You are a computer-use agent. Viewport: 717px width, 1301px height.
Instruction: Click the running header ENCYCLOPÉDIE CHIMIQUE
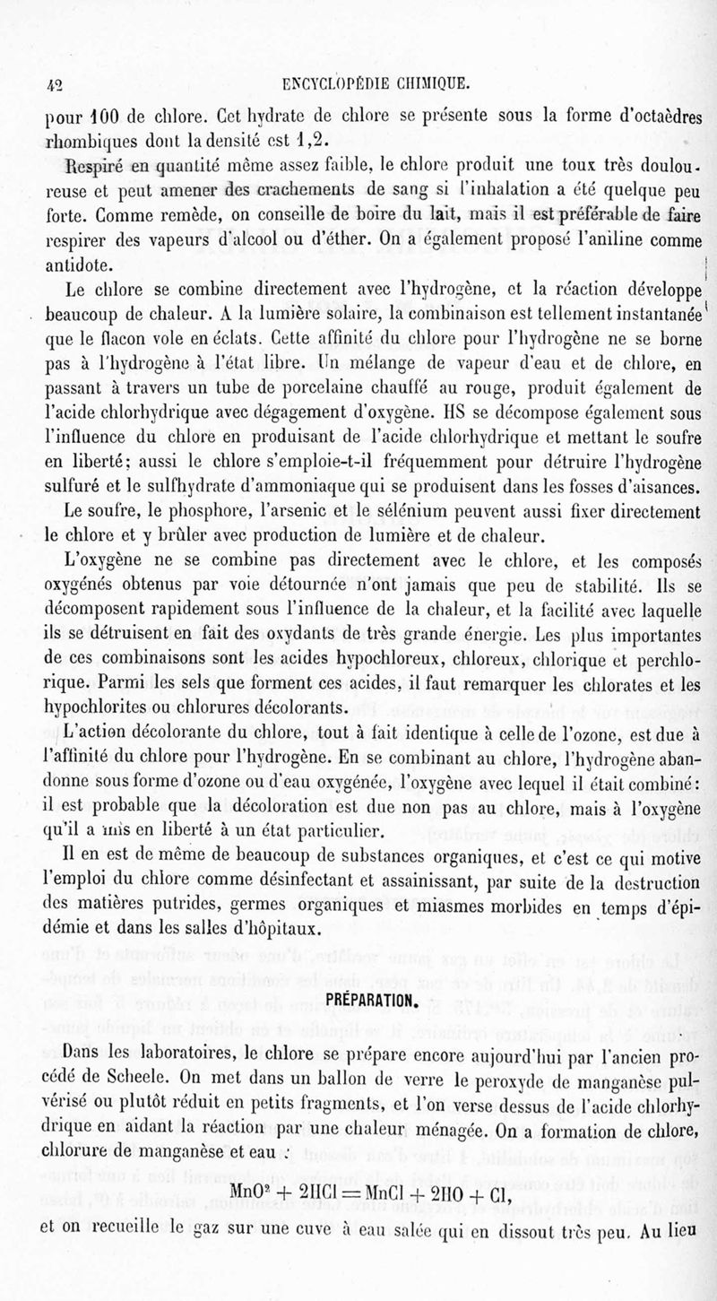click(376, 85)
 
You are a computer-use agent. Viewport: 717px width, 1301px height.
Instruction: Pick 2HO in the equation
click(482, 1218)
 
